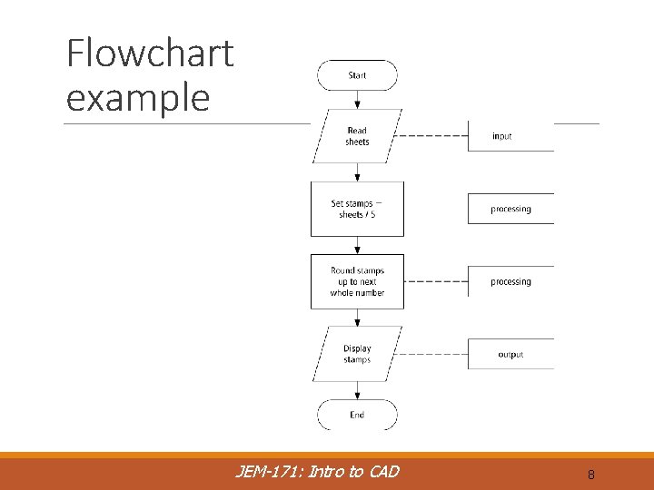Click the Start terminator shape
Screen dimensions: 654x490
point(357,75)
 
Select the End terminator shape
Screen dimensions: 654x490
point(357,415)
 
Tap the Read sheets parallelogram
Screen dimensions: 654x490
point(357,136)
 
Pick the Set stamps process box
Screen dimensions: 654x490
point(357,209)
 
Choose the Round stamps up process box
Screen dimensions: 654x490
point(357,281)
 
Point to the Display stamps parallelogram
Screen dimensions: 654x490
point(357,354)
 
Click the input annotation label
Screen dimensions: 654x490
point(502,136)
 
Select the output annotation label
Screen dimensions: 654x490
point(510,354)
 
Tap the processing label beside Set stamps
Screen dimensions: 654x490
point(510,209)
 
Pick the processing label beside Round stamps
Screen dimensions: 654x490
point(510,281)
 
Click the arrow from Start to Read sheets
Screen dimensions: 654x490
point(357,100)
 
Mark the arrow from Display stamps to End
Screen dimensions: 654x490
point(357,390)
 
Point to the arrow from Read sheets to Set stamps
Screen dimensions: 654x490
point(357,172)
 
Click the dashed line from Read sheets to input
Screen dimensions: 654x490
point(433,136)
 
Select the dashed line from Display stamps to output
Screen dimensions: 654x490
point(433,354)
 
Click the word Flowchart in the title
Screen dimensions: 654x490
point(150,54)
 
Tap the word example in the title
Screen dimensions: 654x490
point(138,97)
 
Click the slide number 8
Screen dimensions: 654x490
point(590,474)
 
